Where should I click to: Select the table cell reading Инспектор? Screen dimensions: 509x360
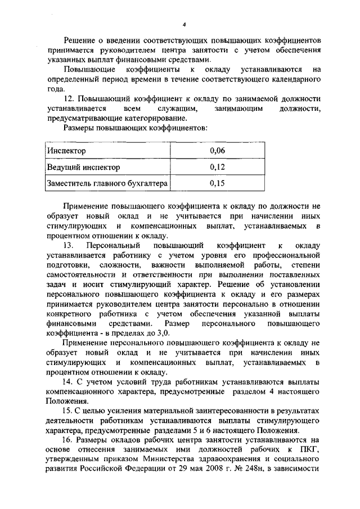[67, 151]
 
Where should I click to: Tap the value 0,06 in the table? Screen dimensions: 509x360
[217, 151]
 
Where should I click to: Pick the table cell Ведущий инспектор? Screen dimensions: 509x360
[83, 167]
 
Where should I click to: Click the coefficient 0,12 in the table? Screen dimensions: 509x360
[217, 167]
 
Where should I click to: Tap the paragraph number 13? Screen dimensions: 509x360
[69, 246]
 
